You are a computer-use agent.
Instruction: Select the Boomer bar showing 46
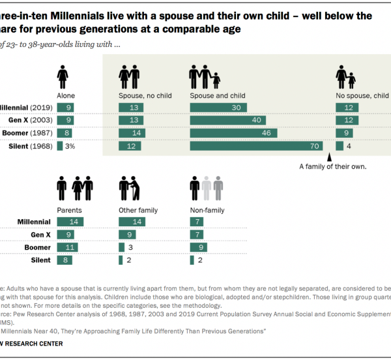point(235,133)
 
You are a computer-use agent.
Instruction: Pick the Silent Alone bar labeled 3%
point(60,146)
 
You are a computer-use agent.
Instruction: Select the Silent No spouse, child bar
point(339,146)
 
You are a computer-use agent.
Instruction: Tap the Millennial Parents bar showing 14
point(71,222)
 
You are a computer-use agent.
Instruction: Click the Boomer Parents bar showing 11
point(68,248)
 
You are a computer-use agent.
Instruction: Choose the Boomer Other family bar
point(121,248)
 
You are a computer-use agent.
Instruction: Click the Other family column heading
point(136,210)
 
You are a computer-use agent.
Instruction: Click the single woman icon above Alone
point(63,78)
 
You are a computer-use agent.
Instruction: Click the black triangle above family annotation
point(330,157)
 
